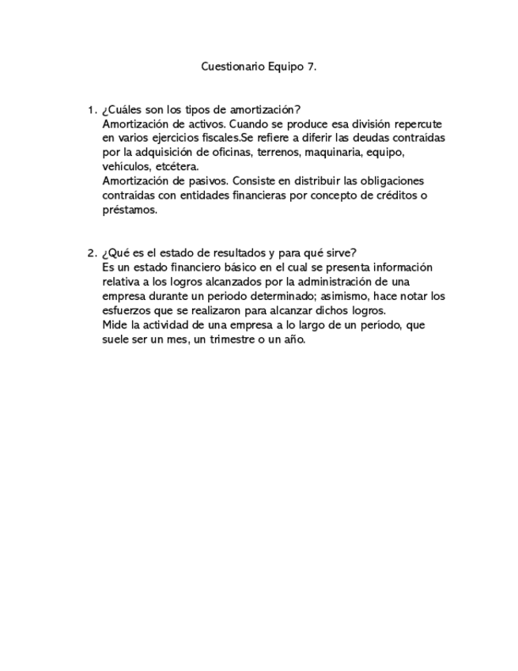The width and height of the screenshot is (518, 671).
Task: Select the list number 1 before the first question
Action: tap(91, 110)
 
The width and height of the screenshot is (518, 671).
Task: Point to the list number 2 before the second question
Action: tap(91, 253)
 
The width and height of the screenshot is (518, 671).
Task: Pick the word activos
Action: tap(187, 124)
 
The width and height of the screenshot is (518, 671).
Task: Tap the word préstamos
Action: tap(130, 210)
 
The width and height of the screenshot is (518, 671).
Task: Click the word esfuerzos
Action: tap(127, 311)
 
